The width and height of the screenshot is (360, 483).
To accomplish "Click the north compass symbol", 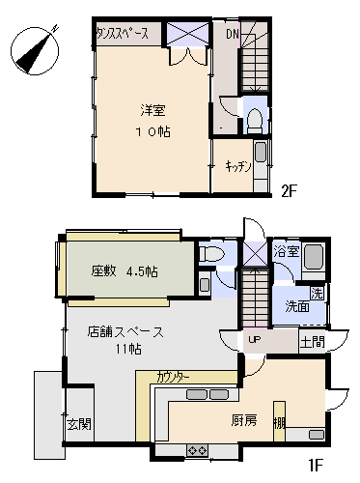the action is pyautogui.click(x=35, y=51).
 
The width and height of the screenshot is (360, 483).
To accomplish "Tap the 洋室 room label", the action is pyautogui.click(x=152, y=110).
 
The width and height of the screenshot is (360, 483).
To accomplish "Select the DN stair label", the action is pyautogui.click(x=233, y=34).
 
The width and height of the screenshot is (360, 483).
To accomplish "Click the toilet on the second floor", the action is pyautogui.click(x=255, y=121).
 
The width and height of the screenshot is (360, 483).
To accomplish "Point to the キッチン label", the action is pyautogui.click(x=237, y=166).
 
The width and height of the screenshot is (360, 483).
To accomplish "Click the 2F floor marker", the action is pyautogui.click(x=289, y=191).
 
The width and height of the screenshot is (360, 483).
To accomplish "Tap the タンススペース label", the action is pyautogui.click(x=123, y=33).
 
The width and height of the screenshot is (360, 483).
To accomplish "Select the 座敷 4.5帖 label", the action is pyautogui.click(x=125, y=271).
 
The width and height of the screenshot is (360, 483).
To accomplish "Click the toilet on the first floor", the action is pyautogui.click(x=211, y=254).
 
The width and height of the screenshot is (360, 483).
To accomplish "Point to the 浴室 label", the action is pyautogui.click(x=287, y=251).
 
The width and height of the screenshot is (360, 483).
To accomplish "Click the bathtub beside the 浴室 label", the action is pyautogui.click(x=314, y=257).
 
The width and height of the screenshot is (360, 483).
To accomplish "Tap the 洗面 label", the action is pyautogui.click(x=297, y=306).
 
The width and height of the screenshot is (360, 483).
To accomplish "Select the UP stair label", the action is pyautogui.click(x=254, y=339).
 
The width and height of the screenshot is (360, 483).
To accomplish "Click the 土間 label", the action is pyautogui.click(x=312, y=342).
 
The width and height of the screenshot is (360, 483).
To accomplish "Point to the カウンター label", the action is pyautogui.click(x=173, y=377).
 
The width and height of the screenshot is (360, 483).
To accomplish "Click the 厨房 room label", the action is pyautogui.click(x=244, y=420).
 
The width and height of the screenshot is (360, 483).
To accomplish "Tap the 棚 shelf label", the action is pyautogui.click(x=279, y=423).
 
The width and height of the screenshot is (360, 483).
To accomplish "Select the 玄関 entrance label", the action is pyautogui.click(x=79, y=424).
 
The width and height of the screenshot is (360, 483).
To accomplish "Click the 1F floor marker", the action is pyautogui.click(x=316, y=465).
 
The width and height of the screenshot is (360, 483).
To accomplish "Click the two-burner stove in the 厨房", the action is pyautogui.click(x=197, y=450).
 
